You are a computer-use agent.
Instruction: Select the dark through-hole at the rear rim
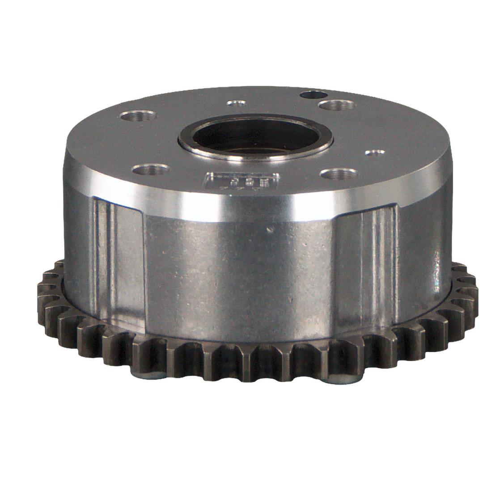[314, 95]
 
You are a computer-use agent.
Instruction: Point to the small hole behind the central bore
[236, 103]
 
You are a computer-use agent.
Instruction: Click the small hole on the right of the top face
[375, 153]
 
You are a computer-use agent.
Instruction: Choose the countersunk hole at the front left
[151, 169]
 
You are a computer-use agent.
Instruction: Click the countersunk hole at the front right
[339, 173]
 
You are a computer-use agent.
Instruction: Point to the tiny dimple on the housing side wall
[270, 230]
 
